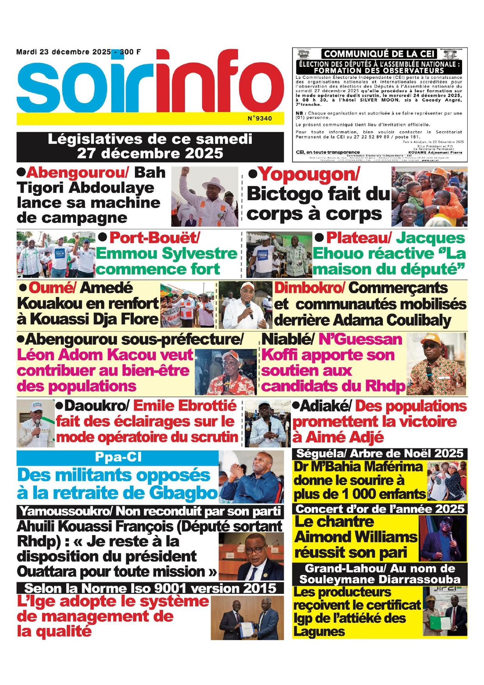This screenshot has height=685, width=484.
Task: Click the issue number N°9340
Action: click(260, 118)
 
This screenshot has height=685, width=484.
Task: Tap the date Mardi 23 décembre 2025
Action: click(64, 52)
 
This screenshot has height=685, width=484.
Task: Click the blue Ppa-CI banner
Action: click(117, 457)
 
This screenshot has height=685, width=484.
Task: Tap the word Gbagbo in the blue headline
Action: click(183, 493)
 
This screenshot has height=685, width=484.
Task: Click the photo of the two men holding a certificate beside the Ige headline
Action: click(247, 618)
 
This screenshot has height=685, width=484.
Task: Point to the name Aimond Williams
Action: click(356, 537)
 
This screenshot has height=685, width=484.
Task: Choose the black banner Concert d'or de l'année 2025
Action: click(379, 509)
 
